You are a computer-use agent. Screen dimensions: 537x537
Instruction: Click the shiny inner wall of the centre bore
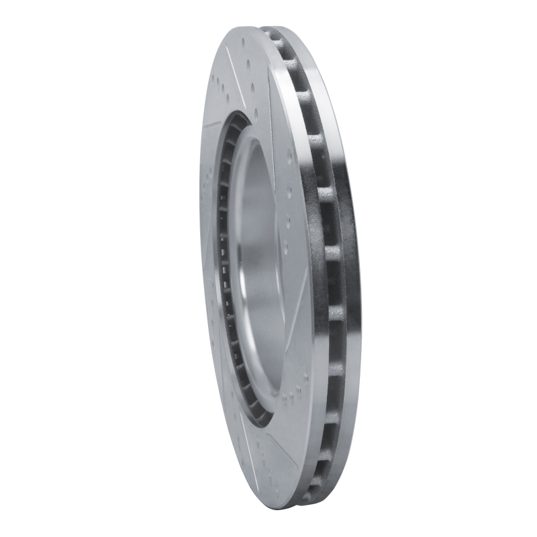pyautogui.click(x=258, y=268)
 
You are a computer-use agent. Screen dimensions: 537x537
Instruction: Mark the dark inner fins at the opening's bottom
pyautogui.click(x=258, y=413)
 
